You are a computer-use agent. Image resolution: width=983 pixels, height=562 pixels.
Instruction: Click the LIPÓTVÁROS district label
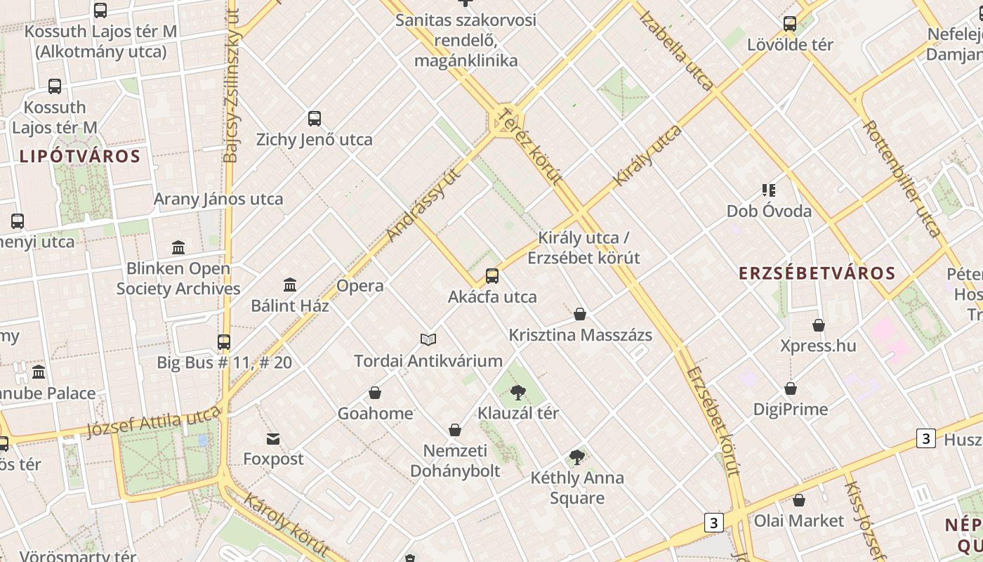click(x=79, y=156)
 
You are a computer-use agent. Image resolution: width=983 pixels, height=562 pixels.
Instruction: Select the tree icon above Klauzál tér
click(x=518, y=392)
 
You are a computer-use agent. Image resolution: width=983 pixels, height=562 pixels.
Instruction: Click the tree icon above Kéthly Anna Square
click(x=577, y=457)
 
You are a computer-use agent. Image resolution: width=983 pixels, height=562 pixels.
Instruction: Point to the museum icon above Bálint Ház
click(x=290, y=285)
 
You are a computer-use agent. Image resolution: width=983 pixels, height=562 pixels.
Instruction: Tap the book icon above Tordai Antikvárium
click(x=428, y=340)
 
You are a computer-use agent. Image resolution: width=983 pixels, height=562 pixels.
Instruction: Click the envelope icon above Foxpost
click(x=273, y=439)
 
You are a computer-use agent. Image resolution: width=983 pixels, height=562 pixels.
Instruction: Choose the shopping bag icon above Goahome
click(x=375, y=393)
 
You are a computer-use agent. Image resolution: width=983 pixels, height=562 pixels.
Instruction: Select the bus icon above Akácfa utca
click(x=492, y=276)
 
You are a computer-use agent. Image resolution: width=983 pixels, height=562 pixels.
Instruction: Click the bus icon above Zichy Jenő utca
click(x=315, y=119)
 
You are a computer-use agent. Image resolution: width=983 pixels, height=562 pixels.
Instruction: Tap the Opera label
click(x=360, y=285)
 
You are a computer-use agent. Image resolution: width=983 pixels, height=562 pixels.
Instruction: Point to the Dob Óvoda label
click(x=769, y=211)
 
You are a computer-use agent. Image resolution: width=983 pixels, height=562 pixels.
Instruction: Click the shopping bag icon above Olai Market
click(x=799, y=500)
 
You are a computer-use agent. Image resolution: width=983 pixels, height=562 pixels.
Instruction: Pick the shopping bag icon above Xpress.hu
click(x=819, y=325)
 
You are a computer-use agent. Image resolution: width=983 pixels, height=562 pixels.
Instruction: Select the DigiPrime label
click(x=791, y=409)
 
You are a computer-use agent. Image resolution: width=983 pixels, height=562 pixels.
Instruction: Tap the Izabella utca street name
click(x=676, y=50)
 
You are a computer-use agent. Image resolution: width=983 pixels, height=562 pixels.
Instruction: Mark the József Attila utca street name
click(x=154, y=421)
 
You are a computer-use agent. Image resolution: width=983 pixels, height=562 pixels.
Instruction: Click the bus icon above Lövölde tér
click(x=790, y=24)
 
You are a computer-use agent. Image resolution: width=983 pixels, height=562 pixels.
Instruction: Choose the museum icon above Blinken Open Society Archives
click(x=178, y=247)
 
